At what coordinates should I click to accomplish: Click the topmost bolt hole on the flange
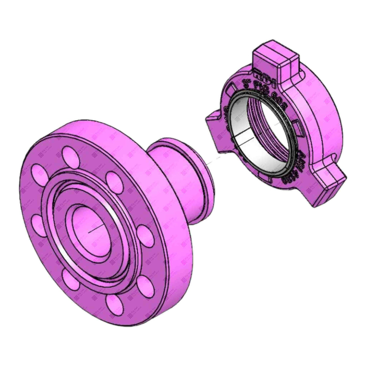tap(69, 154)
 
